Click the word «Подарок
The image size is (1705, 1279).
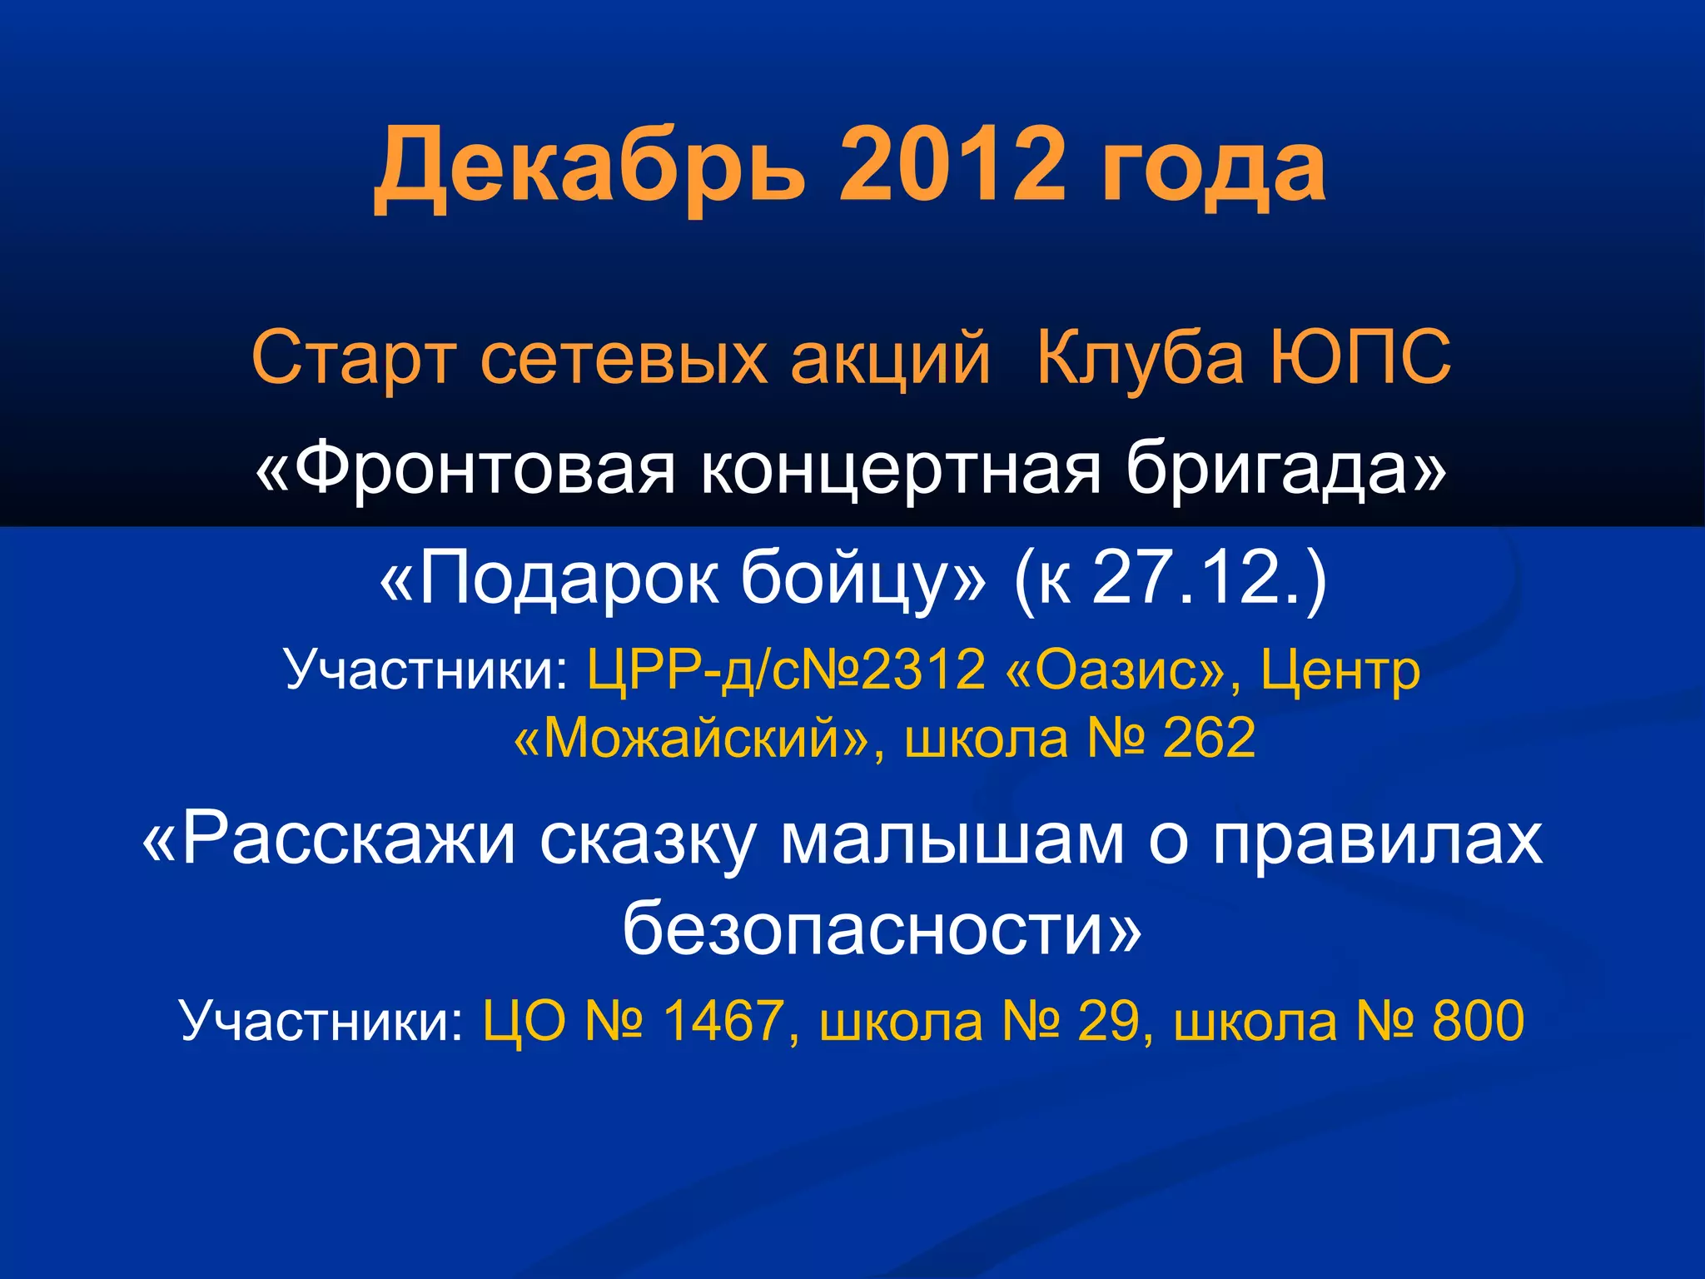click(x=549, y=579)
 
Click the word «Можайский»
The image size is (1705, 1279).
click(x=692, y=739)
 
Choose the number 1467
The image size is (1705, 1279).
click(x=724, y=1021)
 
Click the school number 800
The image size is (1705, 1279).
click(x=1478, y=1021)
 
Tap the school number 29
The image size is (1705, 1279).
click(x=1107, y=1021)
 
